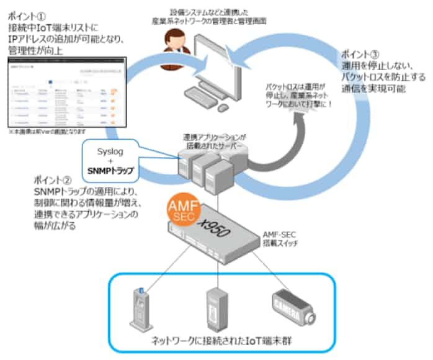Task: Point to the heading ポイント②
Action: [50, 179]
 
